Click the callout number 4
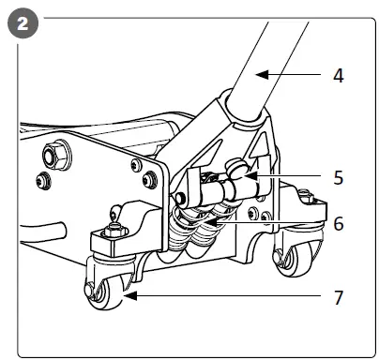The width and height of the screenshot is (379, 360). [338, 76]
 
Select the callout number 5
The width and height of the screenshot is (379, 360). [338, 175]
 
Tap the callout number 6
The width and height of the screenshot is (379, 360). [338, 225]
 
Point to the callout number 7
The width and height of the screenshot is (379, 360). [338, 298]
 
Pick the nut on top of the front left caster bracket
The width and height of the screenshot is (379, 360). [113, 225]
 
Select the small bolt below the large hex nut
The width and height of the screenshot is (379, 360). [42, 179]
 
